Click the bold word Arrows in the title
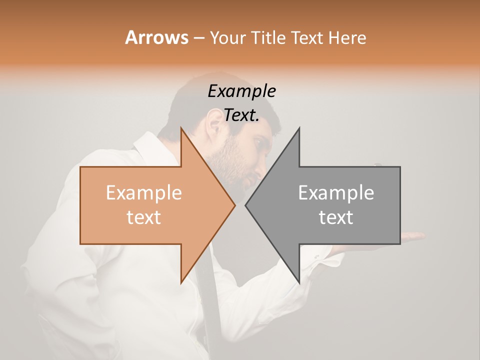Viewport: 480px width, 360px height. coord(156,37)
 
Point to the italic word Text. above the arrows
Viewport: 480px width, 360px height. coord(241,115)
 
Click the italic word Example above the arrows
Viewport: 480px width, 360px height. coord(241,91)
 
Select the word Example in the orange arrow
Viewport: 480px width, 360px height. coord(143,193)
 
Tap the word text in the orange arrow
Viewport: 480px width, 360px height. coord(143,217)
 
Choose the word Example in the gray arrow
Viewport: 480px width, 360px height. coord(336,193)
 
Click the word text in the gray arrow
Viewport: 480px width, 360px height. coord(336,217)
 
